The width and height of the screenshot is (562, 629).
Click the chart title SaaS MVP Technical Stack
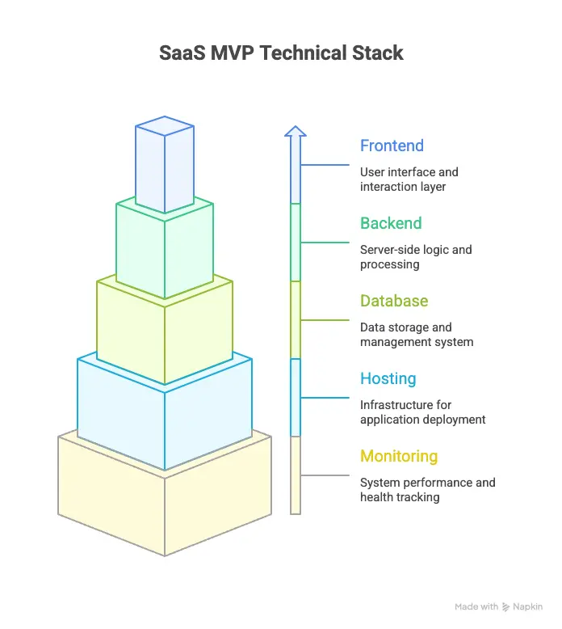pyautogui.click(x=281, y=54)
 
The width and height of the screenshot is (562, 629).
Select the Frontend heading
pyautogui.click(x=392, y=146)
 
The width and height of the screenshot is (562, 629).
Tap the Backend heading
pyautogui.click(x=391, y=224)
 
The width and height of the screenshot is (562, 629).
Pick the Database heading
pyautogui.click(x=394, y=302)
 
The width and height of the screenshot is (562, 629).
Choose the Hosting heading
pyautogui.click(x=388, y=379)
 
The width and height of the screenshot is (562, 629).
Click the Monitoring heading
pyautogui.click(x=399, y=457)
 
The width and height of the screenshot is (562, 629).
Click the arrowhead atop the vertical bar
pyautogui.click(x=296, y=131)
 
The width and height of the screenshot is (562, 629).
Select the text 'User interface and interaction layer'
pyautogui.click(x=409, y=179)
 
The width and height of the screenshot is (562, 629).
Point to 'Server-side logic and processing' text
pyautogui.click(x=415, y=257)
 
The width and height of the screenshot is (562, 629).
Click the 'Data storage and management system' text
pyautogui.click(x=416, y=335)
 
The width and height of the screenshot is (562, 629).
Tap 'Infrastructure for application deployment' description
pyautogui.click(x=422, y=412)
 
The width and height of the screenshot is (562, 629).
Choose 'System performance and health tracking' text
pyautogui.click(x=427, y=490)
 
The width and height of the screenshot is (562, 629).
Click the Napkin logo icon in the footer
pyautogui.click(x=506, y=607)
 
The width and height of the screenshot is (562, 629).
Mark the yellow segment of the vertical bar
pyautogui.click(x=296, y=475)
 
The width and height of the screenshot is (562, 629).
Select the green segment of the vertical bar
pyautogui.click(x=296, y=242)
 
